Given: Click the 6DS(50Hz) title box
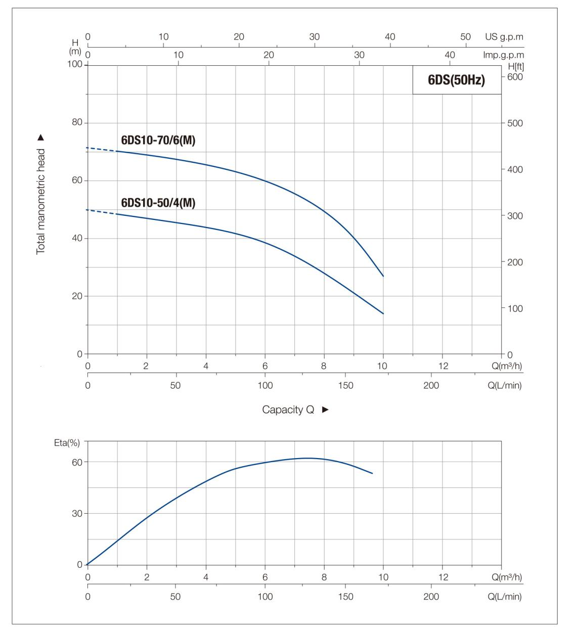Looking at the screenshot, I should (x=457, y=80).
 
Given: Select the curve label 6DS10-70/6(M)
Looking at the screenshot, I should (x=158, y=141).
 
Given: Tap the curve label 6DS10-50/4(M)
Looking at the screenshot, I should (x=158, y=203).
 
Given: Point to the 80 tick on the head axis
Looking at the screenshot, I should (x=76, y=123).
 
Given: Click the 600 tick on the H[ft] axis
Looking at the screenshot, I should (x=515, y=77).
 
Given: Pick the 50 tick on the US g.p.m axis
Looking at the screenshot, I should (x=465, y=37).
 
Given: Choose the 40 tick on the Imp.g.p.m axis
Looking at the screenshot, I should (x=450, y=55).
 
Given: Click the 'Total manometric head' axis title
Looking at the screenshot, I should (x=40, y=201).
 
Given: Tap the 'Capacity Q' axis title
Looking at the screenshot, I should (x=288, y=410).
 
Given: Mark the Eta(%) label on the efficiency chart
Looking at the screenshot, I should (x=67, y=443).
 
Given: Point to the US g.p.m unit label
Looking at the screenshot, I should (x=504, y=37).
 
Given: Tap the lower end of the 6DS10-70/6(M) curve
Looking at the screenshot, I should (x=383, y=276).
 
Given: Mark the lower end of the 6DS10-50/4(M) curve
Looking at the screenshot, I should (x=383, y=313).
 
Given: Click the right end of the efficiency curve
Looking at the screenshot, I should (x=372, y=473).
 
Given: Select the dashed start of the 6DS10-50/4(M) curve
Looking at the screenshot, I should (x=101, y=211).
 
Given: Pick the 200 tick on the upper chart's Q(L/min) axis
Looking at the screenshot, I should (x=431, y=385).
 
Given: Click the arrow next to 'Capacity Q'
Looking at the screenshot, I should (x=325, y=410).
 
